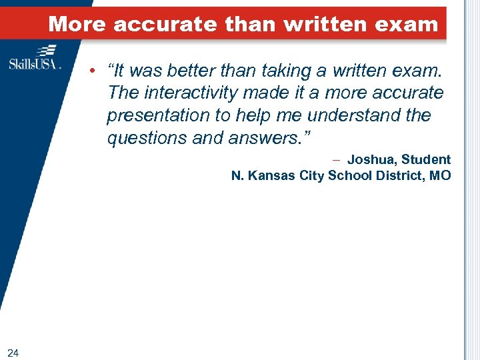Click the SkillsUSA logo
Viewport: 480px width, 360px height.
35,58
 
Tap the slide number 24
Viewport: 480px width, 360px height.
13,352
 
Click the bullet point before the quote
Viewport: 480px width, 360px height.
96,70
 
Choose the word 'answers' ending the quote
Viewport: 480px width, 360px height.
271,138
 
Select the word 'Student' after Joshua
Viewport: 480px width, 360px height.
426,160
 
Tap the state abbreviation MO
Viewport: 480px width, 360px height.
440,176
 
